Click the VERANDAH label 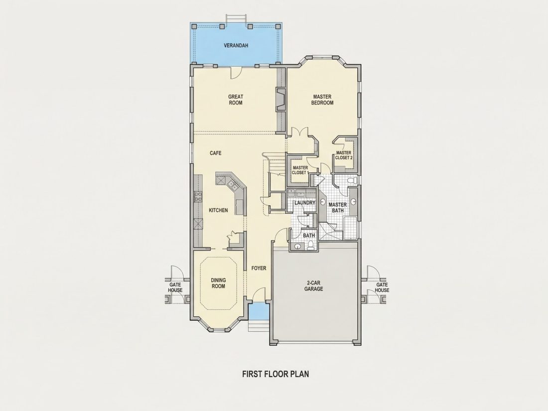pos(236,45)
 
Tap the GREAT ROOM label pos(236,100)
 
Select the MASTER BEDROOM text pos(322,100)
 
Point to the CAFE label pos(215,153)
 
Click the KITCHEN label pos(218,210)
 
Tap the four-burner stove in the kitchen pos(198,196)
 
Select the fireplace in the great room pos(280,100)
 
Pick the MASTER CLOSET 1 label pos(300,170)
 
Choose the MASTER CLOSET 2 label pos(344,155)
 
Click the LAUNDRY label pos(305,203)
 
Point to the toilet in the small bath pos(311,246)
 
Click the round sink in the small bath pos(298,247)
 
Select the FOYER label pos(259,269)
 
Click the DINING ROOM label pos(218,283)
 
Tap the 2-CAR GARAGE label pos(313,286)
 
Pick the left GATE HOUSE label pos(175,287)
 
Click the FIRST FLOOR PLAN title pos(275,374)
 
